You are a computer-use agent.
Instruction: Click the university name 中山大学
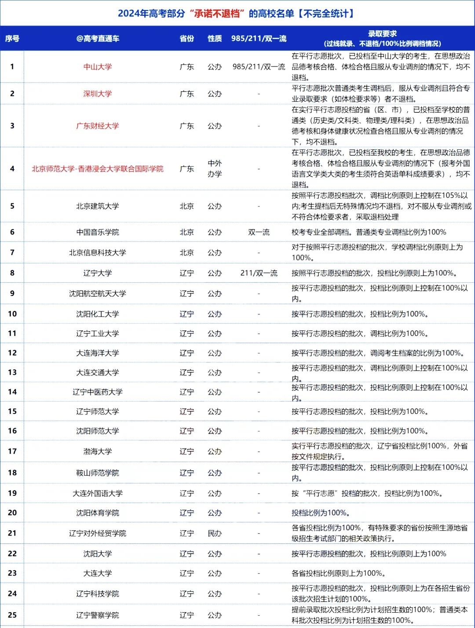pyautogui.click(x=98, y=67)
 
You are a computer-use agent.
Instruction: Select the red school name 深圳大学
pyautogui.click(x=98, y=94)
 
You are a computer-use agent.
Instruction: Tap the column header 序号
pyautogui.click(x=12, y=39)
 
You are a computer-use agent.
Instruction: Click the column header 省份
pyautogui.click(x=187, y=39)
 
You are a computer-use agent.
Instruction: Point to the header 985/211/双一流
pyautogui.click(x=259, y=39)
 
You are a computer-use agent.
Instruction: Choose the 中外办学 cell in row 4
pyautogui.click(x=215, y=169)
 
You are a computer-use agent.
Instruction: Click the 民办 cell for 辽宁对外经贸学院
pyautogui.click(x=215, y=533)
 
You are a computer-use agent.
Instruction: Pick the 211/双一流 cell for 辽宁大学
pyautogui.click(x=259, y=273)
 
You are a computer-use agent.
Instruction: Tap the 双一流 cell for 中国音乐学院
pyautogui.click(x=259, y=232)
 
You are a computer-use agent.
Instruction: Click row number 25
pyautogui.click(x=12, y=615)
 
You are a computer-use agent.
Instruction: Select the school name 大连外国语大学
pyautogui.click(x=98, y=493)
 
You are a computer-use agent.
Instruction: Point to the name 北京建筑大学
pyautogui.click(x=98, y=206)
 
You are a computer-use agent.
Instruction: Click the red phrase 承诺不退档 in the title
pyautogui.click(x=217, y=14)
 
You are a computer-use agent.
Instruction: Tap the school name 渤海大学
pyautogui.click(x=98, y=451)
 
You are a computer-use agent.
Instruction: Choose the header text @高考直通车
pyautogui.click(x=98, y=39)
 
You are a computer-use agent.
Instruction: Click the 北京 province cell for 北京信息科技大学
pyautogui.click(x=187, y=253)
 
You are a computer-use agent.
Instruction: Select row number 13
pyautogui.click(x=12, y=372)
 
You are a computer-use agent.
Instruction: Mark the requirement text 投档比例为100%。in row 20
pyautogui.click(x=321, y=513)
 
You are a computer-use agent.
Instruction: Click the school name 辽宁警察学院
pyautogui.click(x=98, y=615)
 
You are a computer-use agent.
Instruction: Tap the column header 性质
pyautogui.click(x=215, y=39)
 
